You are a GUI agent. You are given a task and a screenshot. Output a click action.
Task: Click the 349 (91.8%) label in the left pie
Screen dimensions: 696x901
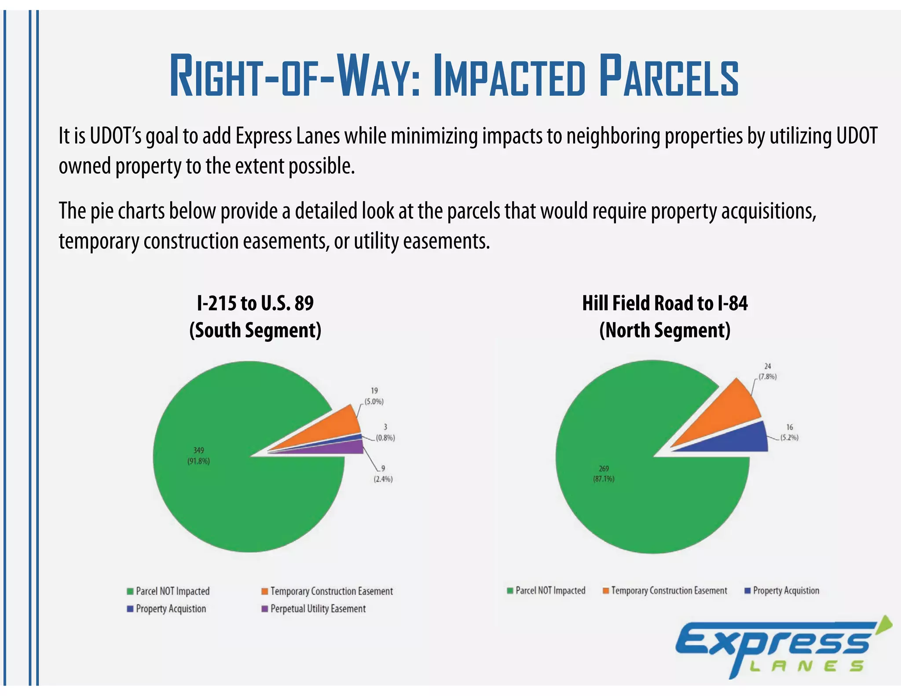pyautogui.click(x=198, y=456)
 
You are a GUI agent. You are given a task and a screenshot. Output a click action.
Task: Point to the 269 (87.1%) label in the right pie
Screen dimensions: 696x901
pyautogui.click(x=604, y=473)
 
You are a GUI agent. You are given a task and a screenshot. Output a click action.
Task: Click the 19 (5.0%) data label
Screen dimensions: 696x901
pyautogui.click(x=374, y=396)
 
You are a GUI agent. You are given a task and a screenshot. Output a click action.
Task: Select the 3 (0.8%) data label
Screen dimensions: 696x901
pyautogui.click(x=385, y=432)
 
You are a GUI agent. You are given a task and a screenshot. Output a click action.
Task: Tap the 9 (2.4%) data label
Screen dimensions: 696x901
pyautogui.click(x=383, y=474)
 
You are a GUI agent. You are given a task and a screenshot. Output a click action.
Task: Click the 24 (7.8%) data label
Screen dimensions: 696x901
pyautogui.click(x=767, y=371)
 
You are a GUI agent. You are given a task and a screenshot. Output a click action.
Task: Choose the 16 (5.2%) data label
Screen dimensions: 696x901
pyautogui.click(x=789, y=432)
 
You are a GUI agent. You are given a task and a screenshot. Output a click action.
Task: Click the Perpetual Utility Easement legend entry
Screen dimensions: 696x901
pyautogui.click(x=317, y=609)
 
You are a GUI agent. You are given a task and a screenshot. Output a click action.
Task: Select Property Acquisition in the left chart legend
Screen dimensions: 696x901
pyautogui.click(x=170, y=609)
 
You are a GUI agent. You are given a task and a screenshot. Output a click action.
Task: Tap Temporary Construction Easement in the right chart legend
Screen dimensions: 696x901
pyautogui.click(x=668, y=590)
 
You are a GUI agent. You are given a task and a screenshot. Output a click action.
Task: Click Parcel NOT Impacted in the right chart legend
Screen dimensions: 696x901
pyautogui.click(x=550, y=590)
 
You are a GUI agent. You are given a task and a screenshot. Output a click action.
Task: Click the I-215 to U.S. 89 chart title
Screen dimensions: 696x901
pyautogui.click(x=255, y=304)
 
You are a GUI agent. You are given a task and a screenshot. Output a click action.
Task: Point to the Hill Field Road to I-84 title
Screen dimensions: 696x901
pyautogui.click(x=664, y=304)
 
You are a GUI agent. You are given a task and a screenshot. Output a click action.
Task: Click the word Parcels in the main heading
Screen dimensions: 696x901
pyautogui.click(x=669, y=76)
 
